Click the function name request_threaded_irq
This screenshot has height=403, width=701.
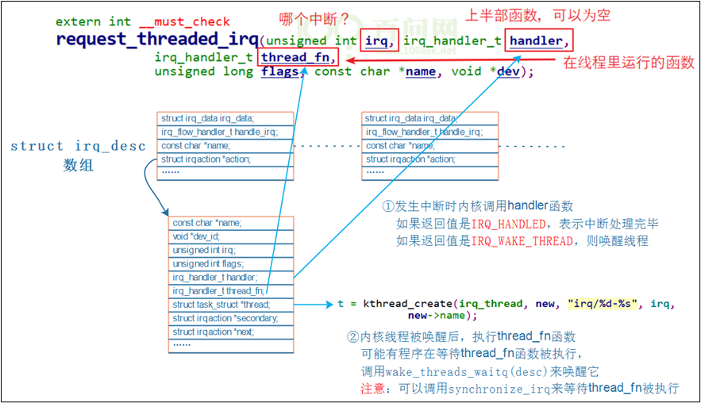pyautogui.click(x=156, y=39)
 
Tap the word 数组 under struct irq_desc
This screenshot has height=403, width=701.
pyautogui.click(x=79, y=165)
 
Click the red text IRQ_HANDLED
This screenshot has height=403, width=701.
pyautogui.click(x=508, y=224)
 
